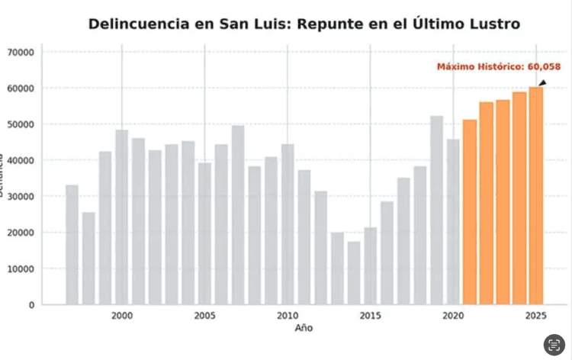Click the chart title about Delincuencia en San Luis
pos(304,24)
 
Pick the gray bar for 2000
pos(122,217)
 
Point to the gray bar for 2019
pos(436,210)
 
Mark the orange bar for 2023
pos(503,202)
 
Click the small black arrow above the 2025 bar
pos(542,82)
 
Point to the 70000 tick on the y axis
pos(21,52)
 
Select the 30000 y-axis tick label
pos(21,196)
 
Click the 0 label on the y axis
pos(31,304)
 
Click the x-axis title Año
pos(304,328)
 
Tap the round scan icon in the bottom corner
pos(554,344)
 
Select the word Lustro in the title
pos(492,24)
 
